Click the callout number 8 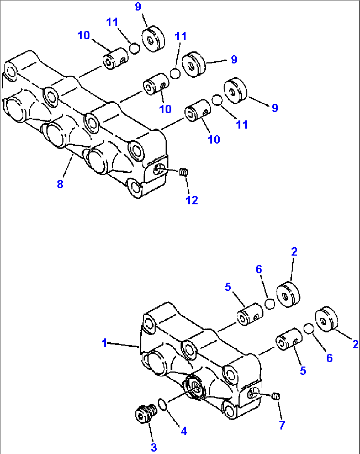pos(60,184)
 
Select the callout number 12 pos(192,200)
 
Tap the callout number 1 pos(105,343)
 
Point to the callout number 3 pos(154,447)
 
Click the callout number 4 pos(184,431)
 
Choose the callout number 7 pos(282,425)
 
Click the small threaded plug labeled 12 pos(184,172)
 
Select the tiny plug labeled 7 pos(277,396)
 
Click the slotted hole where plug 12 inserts pos(158,169)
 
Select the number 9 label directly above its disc pos(138,6)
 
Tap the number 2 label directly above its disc pos(294,252)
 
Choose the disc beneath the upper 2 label pos(288,295)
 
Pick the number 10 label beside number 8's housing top pos(84,35)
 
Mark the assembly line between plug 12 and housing pos(170,170)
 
